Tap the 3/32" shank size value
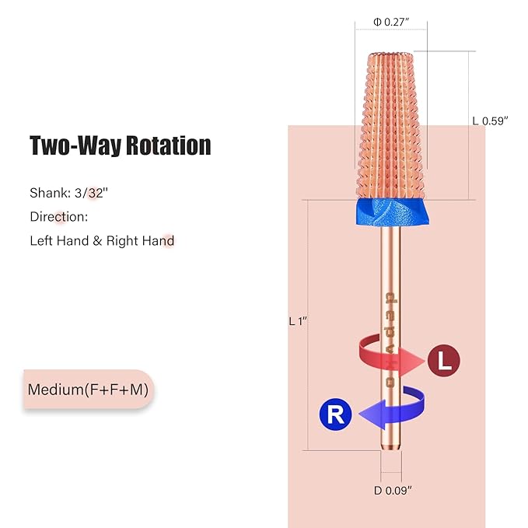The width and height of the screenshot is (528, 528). (91, 193)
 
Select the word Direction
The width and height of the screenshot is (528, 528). (58, 217)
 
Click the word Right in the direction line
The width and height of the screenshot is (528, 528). (121, 241)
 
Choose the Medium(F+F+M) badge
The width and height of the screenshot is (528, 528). (89, 390)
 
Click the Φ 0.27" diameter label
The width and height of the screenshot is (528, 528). (391, 23)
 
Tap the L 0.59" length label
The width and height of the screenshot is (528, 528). (490, 121)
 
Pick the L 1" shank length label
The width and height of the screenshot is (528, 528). (298, 321)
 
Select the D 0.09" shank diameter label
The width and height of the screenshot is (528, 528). (393, 490)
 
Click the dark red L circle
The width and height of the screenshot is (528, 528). (443, 360)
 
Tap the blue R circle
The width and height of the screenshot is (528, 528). (335, 414)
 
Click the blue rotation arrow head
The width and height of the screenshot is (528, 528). (372, 414)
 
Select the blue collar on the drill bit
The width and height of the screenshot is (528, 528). (393, 212)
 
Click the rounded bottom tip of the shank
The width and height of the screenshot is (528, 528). (391, 447)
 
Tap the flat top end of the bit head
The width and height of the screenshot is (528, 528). (391, 55)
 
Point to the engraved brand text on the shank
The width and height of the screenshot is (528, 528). (390, 340)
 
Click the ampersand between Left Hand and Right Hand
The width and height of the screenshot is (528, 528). (97, 241)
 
